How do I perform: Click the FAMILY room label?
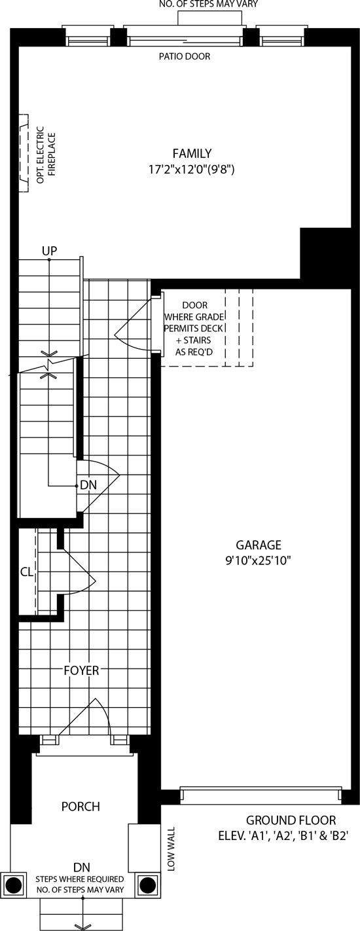(192, 153)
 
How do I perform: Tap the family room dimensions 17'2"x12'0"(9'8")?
(192, 170)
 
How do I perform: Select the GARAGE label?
(259, 545)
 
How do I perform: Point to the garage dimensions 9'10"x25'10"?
(258, 560)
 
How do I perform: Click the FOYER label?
(81, 670)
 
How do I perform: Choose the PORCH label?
(81, 807)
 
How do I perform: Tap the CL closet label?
(27, 572)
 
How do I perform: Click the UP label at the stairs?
(50, 251)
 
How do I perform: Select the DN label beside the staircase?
(88, 485)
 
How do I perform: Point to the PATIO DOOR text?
(185, 56)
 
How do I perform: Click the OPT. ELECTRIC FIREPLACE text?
(46, 158)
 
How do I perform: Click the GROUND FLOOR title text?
(291, 820)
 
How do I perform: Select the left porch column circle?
(13, 885)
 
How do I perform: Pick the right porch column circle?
(147, 885)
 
